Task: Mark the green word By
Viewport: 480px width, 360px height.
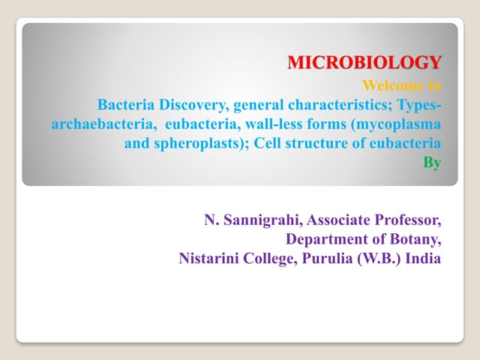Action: pyautogui.click(x=432, y=162)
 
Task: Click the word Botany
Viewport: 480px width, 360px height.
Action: pyautogui.click(x=414, y=240)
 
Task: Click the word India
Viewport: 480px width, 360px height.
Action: pyautogui.click(x=423, y=259)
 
